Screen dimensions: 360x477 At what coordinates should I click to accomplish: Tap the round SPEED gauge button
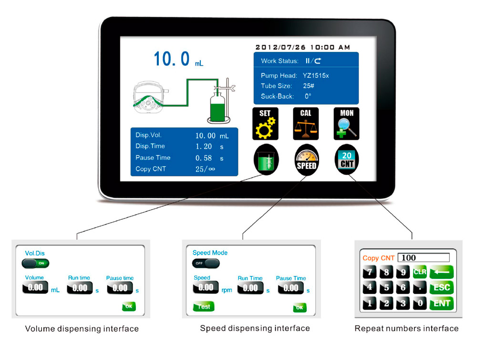pyautogui.click(x=306, y=159)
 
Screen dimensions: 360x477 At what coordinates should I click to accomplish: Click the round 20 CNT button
pyautogui.click(x=347, y=159)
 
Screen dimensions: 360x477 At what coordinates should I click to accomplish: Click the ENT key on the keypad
pyautogui.click(x=441, y=303)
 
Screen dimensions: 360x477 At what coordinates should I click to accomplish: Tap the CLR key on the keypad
pyautogui.click(x=420, y=272)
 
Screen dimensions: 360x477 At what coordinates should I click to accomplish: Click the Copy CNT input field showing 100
pyautogui.click(x=424, y=258)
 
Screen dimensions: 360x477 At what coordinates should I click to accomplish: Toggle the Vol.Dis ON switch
pyautogui.click(x=35, y=263)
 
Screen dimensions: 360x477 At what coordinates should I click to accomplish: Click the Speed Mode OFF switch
pyautogui.click(x=206, y=263)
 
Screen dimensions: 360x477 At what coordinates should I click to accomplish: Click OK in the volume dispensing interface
pyautogui.click(x=129, y=307)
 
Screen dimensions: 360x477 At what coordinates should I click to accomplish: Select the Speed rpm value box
pyautogui.click(x=206, y=288)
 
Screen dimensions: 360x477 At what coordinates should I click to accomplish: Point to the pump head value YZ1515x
pyautogui.click(x=316, y=76)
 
